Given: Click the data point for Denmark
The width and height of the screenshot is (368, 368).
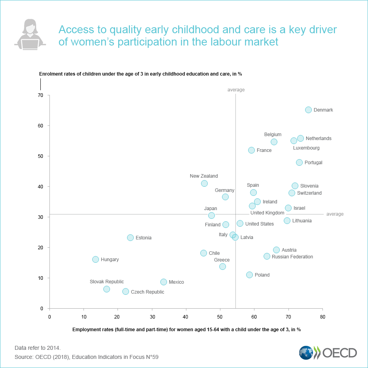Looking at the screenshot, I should coord(308,110).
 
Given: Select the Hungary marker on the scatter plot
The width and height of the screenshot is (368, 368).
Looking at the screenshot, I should coord(95,259).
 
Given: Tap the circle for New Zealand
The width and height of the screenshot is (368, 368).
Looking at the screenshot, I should coord(204,183).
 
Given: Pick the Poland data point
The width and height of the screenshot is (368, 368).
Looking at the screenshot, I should coord(249,275).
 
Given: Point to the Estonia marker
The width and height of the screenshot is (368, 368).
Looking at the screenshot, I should coord(130,237).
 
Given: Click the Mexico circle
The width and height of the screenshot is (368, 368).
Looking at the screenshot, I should coord(163,282).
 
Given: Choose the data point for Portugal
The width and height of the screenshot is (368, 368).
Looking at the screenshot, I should coord(299,162).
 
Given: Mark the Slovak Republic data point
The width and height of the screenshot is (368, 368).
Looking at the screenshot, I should coord(106,289).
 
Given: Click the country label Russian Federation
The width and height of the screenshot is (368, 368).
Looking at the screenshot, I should coord(292,257).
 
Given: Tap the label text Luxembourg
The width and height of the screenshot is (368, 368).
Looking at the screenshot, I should coord(306,148).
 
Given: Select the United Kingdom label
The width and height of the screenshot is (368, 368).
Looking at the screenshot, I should coord(267,213).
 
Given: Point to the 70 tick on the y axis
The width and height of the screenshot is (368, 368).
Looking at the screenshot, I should coord(40,95).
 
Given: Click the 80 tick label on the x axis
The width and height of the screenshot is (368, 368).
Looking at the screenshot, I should coord(322,317).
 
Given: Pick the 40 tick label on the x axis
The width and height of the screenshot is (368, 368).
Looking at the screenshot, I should coord(186,317).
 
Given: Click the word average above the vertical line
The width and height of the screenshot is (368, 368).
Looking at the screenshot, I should coord(236,90).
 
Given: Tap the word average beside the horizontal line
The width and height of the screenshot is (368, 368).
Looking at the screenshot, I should coord(335,214).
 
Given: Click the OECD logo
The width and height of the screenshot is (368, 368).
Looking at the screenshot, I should coord(328,352).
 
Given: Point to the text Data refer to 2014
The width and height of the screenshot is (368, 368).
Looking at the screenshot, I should coord(38,348).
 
